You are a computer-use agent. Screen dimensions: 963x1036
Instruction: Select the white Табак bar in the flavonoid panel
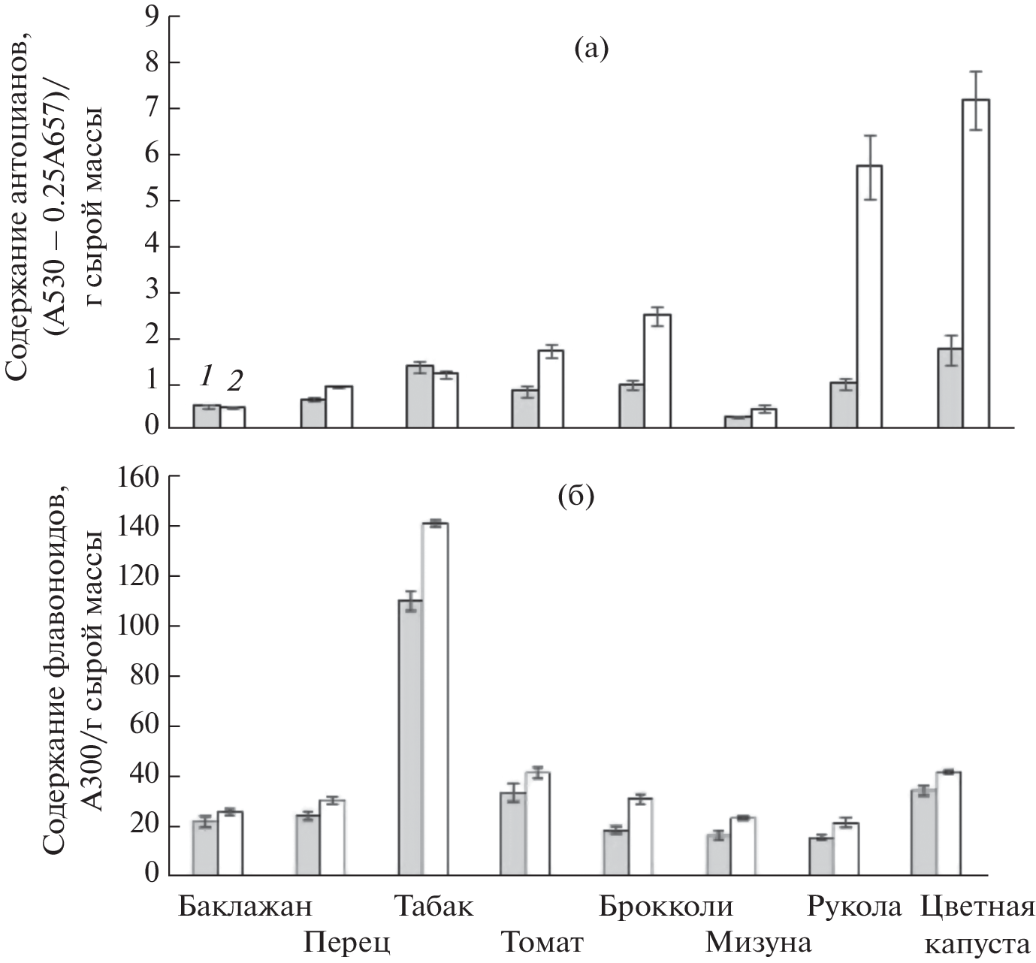435,699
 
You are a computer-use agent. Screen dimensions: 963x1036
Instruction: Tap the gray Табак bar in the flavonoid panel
410,736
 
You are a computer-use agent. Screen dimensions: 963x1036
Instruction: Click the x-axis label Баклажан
245,907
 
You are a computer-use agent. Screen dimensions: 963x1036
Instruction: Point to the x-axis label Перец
347,941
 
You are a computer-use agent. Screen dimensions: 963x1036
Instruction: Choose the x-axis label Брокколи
666,907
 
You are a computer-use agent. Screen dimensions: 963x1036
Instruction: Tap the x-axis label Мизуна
759,941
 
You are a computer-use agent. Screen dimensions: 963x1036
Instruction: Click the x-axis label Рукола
854,907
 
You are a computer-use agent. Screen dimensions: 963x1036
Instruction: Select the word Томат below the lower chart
542,941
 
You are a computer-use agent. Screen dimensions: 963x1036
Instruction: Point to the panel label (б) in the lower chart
575,497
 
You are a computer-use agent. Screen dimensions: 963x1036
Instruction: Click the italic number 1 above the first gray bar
207,375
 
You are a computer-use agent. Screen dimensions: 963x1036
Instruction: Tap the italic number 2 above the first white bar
234,382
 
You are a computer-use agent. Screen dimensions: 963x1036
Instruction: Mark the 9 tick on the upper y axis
152,16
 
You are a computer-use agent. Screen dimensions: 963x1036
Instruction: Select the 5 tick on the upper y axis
152,201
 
